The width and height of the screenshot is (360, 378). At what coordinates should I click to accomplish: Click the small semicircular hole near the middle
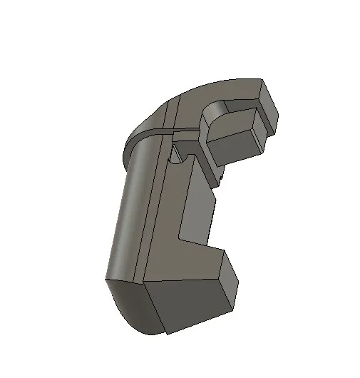pyautogui.click(x=173, y=155)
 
